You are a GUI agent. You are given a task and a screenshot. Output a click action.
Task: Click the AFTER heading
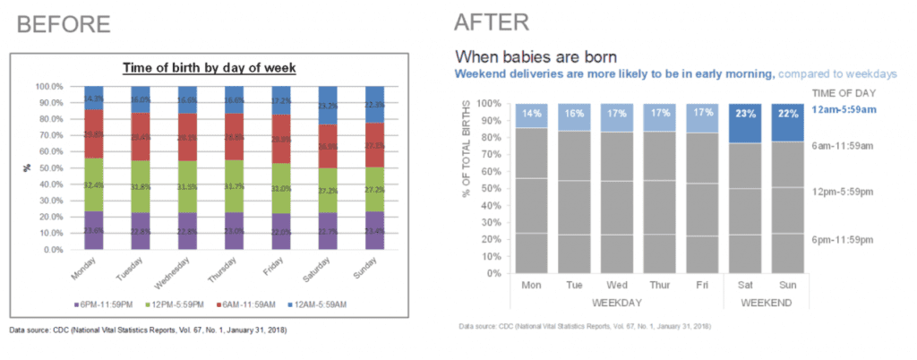pos(492,21)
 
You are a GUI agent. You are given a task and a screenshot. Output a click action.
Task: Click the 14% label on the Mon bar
pos(533,114)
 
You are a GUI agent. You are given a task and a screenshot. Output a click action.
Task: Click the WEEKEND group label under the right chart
pos(769,304)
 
